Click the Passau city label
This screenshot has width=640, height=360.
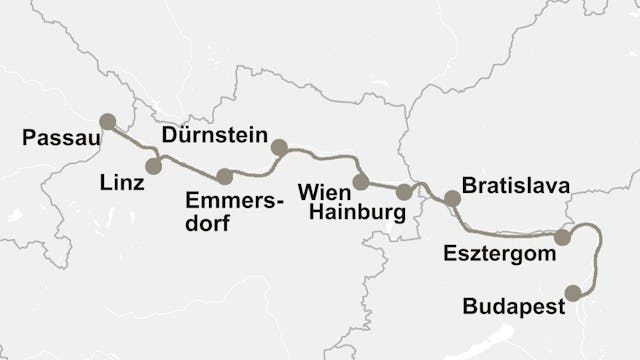point(60,138)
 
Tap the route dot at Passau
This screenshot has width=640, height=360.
point(107,121)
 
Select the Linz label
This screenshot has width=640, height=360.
point(122,184)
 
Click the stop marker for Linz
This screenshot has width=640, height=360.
point(153,166)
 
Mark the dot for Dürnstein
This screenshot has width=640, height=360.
point(279,148)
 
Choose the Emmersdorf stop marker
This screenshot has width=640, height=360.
point(224,177)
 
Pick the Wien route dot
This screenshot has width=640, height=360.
point(360,182)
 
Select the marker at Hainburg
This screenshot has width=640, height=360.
point(404,192)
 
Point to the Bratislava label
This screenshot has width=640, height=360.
point(516,186)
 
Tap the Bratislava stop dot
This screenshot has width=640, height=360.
point(452,198)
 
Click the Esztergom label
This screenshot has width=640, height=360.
point(499,254)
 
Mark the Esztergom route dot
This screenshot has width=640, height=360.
point(563,237)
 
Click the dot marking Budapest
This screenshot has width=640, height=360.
point(573,293)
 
